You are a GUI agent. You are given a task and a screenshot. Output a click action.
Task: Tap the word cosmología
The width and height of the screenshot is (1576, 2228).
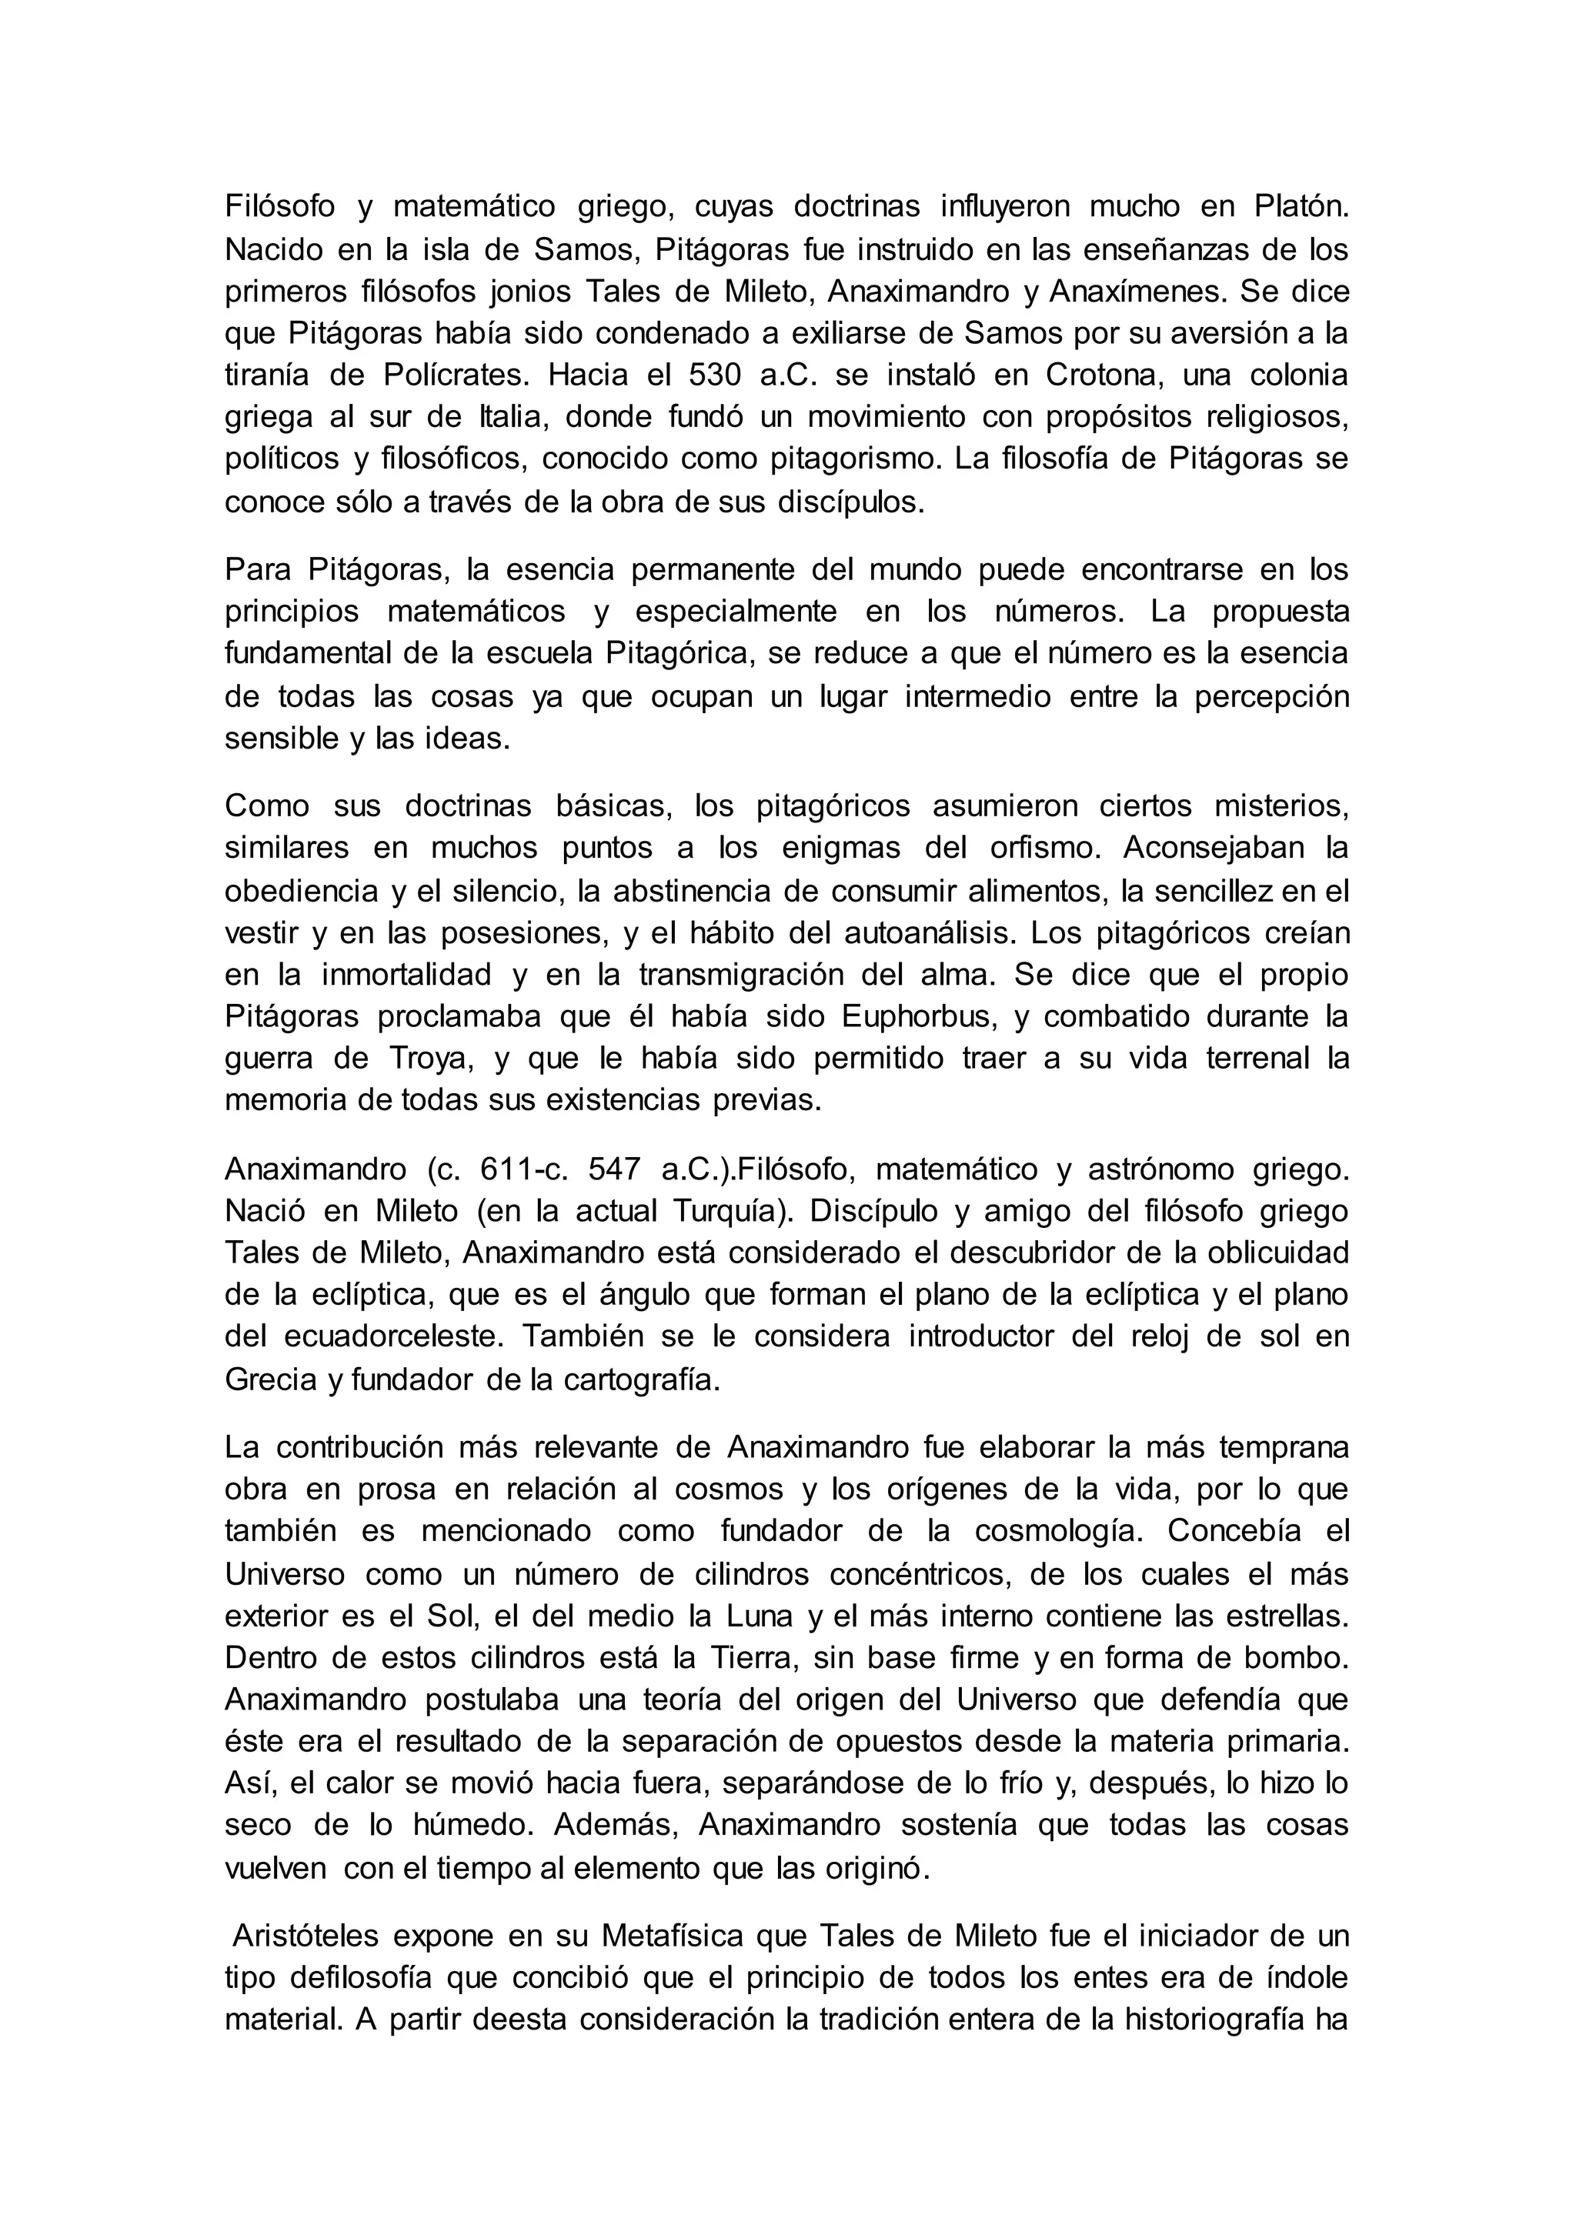1046,1531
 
